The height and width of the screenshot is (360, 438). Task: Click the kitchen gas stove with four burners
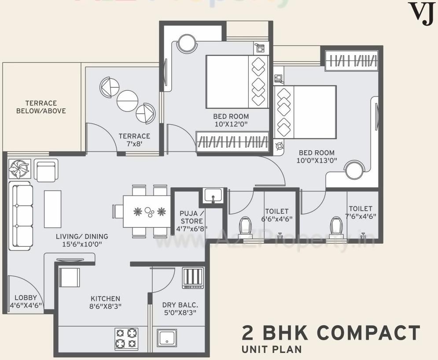pyautogui.click(x=126, y=338)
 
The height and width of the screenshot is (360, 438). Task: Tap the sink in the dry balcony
pyautogui.click(x=167, y=339)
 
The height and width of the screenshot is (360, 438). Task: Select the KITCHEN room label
pyautogui.click(x=106, y=302)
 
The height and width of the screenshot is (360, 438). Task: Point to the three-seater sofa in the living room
pyautogui.click(x=21, y=216)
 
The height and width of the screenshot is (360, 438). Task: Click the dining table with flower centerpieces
pyautogui.click(x=147, y=212)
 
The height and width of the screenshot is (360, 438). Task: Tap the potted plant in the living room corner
pyautogui.click(x=19, y=169)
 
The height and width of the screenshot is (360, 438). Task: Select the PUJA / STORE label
pyautogui.click(x=191, y=221)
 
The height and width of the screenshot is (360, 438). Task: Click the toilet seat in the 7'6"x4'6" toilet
pyautogui.click(x=336, y=227)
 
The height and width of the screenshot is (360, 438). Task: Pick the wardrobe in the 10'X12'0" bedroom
pyautogui.click(x=232, y=142)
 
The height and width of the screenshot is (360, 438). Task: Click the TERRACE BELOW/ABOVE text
pyautogui.click(x=41, y=107)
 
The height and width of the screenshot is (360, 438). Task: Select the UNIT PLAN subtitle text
pyautogui.click(x=272, y=350)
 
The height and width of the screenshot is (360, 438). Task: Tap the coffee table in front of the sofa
pyautogui.click(x=52, y=209)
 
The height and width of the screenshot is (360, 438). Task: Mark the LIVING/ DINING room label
pyautogui.click(x=82, y=240)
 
